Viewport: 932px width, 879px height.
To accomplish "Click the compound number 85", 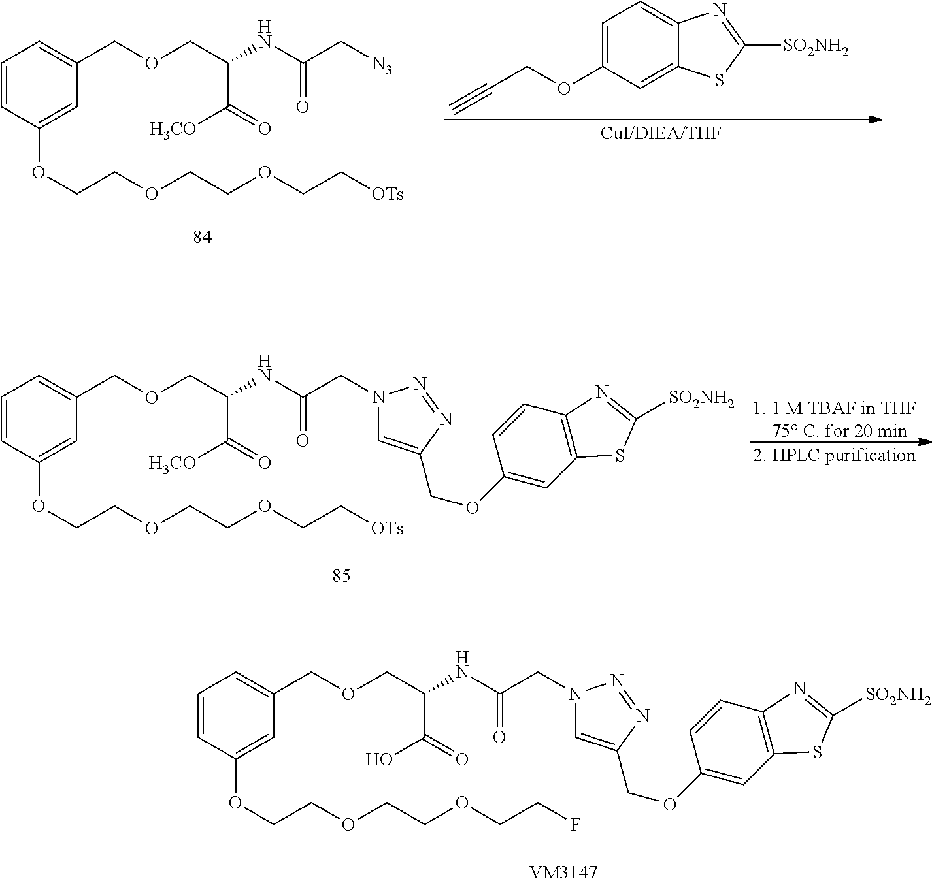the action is (341, 575).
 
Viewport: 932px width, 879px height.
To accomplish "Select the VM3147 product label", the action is (564, 871).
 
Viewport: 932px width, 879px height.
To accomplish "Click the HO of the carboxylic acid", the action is (379, 759).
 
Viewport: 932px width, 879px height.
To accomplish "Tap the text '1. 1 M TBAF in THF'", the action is (833, 408).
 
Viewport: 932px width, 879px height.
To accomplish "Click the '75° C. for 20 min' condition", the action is (839, 431).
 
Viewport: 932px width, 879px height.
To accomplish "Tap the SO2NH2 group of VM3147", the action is (899, 696).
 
